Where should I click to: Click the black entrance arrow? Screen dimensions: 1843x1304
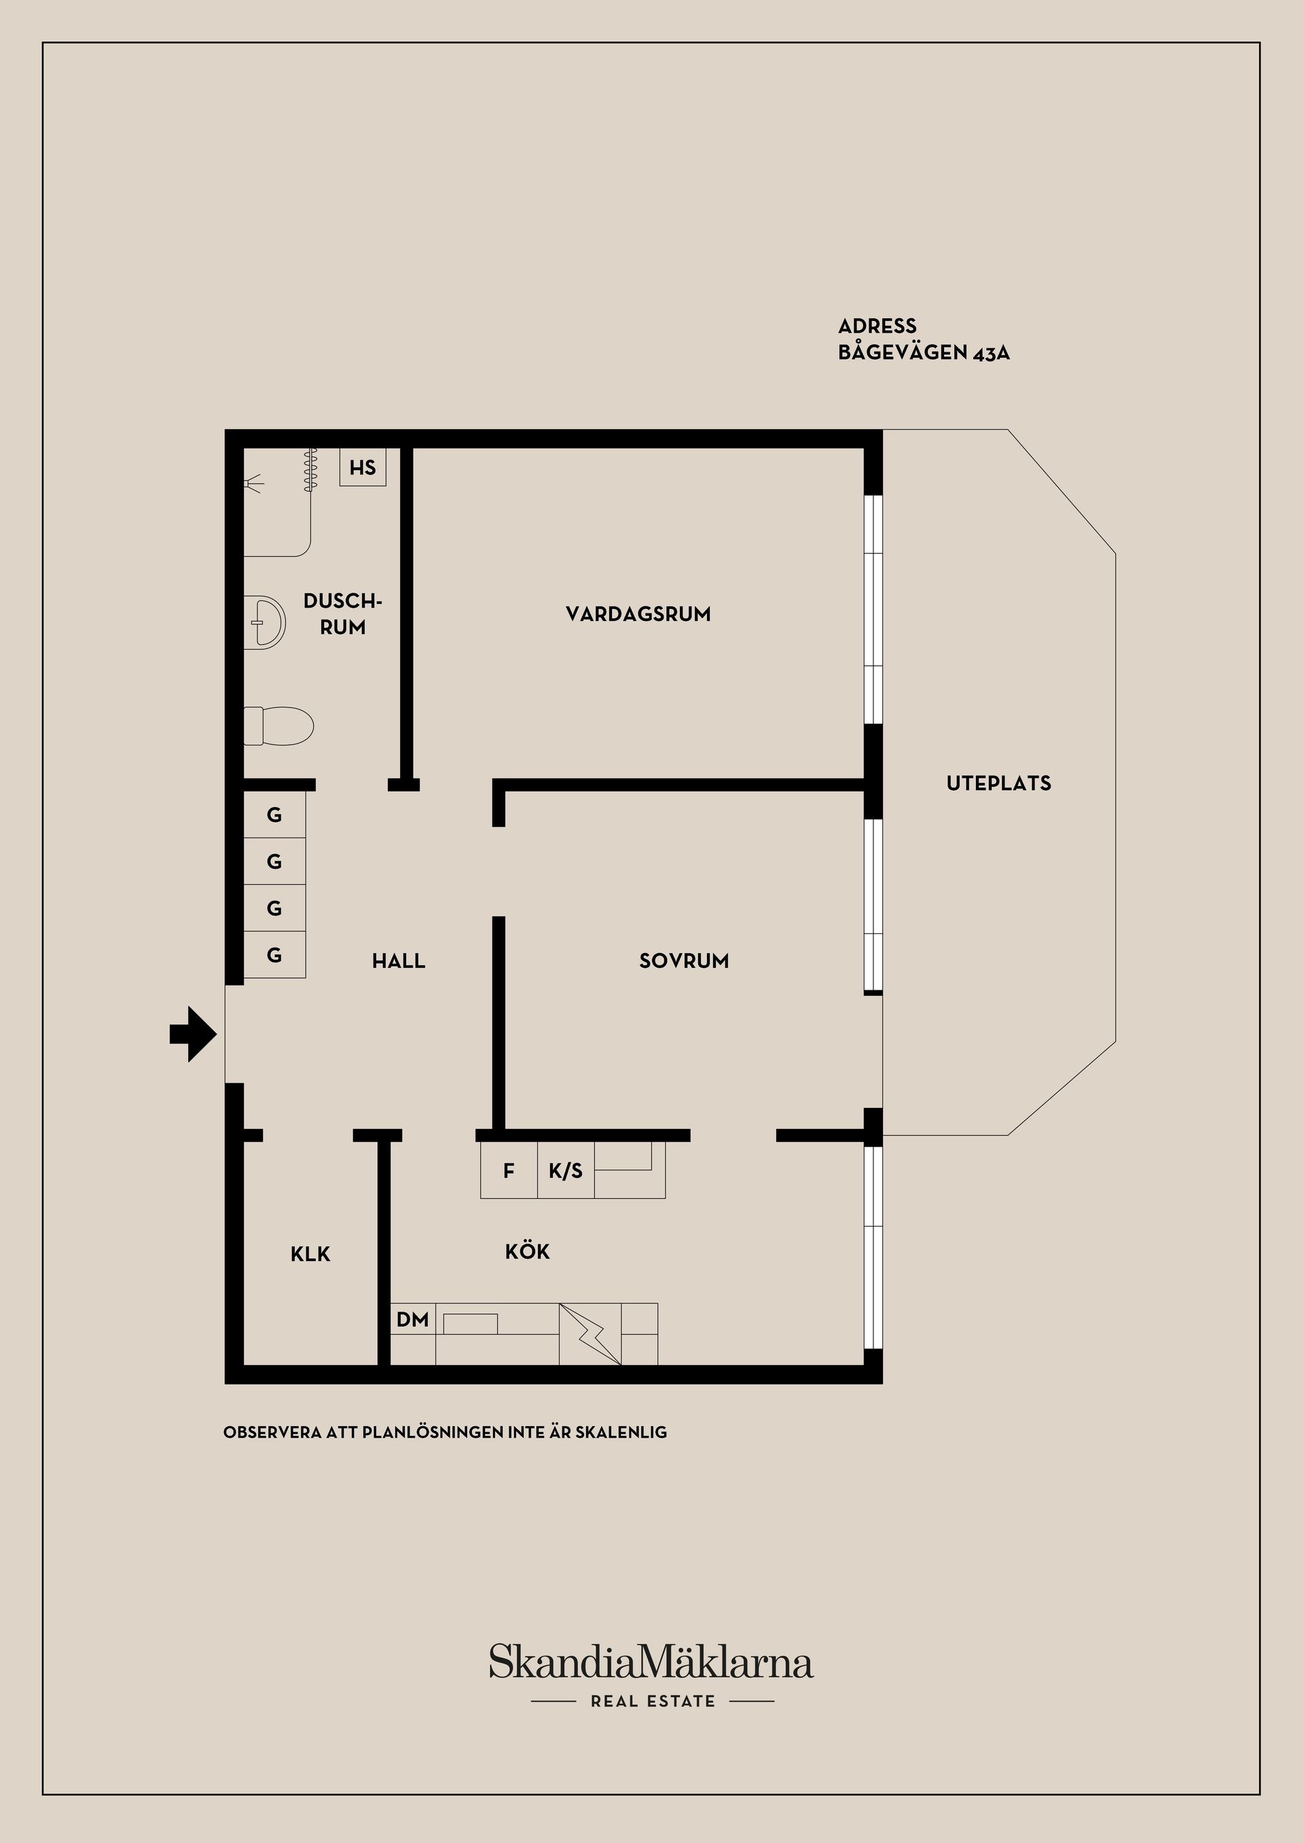pos(193,1034)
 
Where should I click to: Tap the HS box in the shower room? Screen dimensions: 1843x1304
pos(363,467)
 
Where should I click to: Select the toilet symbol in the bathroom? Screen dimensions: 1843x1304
pos(278,726)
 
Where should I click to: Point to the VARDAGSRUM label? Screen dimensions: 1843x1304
pos(638,614)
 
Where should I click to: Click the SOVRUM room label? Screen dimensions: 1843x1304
pos(683,961)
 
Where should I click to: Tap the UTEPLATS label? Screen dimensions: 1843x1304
pos(998,783)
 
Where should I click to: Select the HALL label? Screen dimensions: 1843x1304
pos(398,961)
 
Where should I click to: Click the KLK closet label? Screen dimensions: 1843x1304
pos(311,1254)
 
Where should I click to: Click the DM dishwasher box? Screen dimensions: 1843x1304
pos(413,1319)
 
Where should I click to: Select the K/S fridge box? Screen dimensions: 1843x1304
pos(566,1171)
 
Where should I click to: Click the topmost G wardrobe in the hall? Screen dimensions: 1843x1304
pos(274,815)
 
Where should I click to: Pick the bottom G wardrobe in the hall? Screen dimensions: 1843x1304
pos(274,954)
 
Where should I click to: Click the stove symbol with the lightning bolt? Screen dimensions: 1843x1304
pos(590,1333)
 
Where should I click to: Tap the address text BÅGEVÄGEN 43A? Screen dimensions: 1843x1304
pos(924,352)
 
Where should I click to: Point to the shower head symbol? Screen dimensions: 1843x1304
pos(254,483)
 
